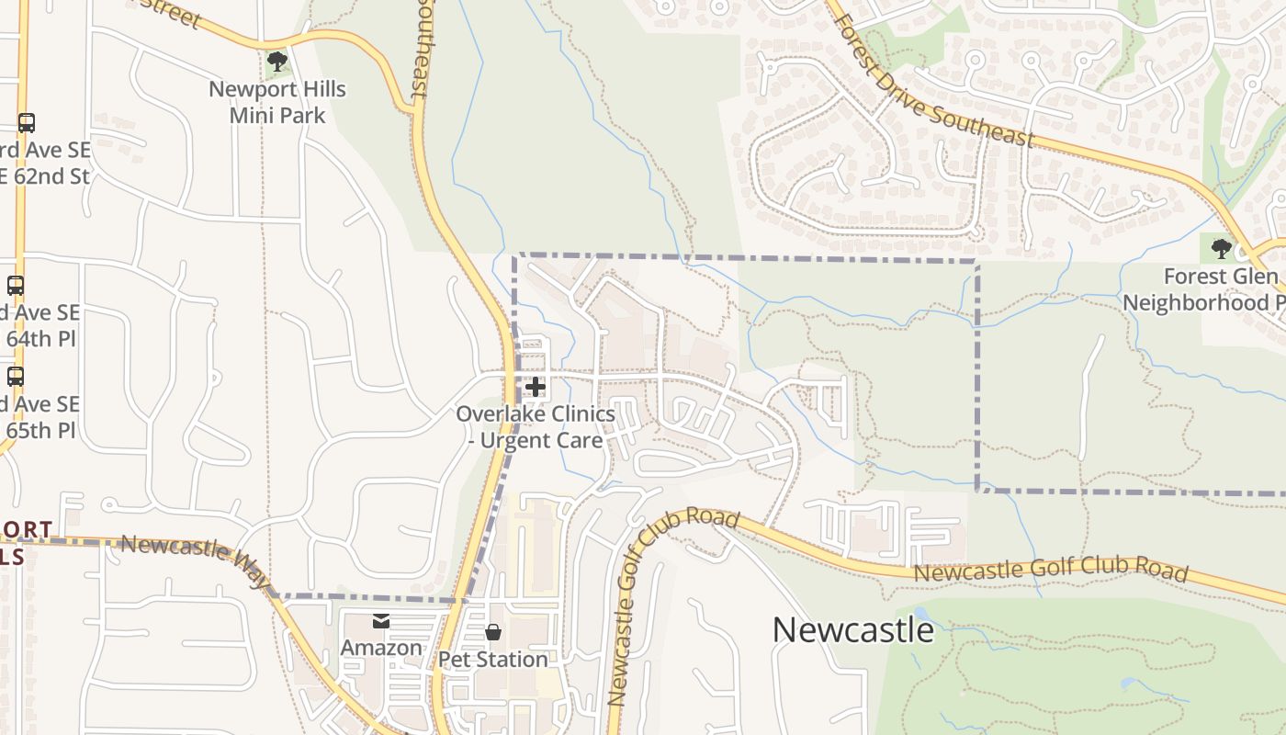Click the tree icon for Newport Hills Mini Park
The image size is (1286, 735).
(276, 62)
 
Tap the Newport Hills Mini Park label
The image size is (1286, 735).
(277, 102)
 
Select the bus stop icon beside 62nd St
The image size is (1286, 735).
(27, 123)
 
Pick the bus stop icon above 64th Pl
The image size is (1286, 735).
(16, 286)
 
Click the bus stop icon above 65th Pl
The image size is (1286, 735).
(16, 376)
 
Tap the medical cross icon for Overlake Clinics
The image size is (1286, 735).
(536, 387)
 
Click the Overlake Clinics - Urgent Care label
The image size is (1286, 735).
(536, 427)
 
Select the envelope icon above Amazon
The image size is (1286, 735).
(381, 622)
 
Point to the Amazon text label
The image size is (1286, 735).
(381, 648)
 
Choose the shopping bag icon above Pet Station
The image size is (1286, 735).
(493, 632)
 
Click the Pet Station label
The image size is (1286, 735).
(492, 659)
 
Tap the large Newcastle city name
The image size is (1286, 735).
(852, 630)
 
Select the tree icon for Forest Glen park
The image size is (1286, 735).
(1221, 248)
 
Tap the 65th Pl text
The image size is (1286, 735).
(40, 430)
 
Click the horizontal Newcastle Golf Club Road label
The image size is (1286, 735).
(1050, 571)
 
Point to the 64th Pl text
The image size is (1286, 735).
(40, 339)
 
